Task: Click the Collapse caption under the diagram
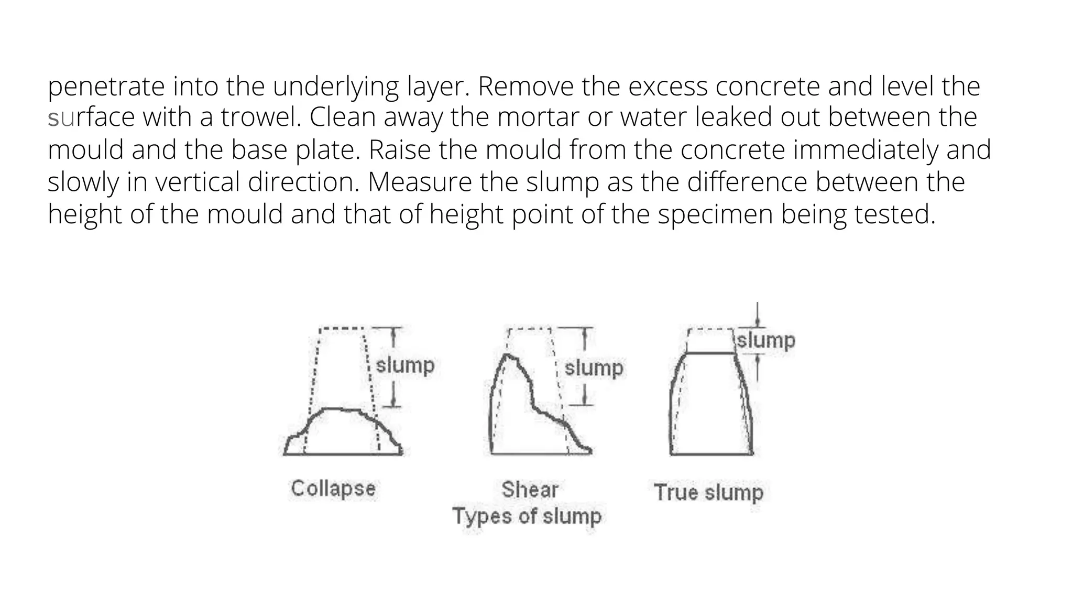coord(333,489)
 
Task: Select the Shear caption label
coord(530,490)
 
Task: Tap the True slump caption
coord(708,492)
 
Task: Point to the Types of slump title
coord(527,516)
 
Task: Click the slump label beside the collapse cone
coord(405,365)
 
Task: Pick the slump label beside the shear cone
coord(594,368)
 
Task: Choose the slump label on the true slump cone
coord(766,341)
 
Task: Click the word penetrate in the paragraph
coord(106,87)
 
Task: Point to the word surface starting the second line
coord(91,117)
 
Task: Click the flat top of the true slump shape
coord(710,353)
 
